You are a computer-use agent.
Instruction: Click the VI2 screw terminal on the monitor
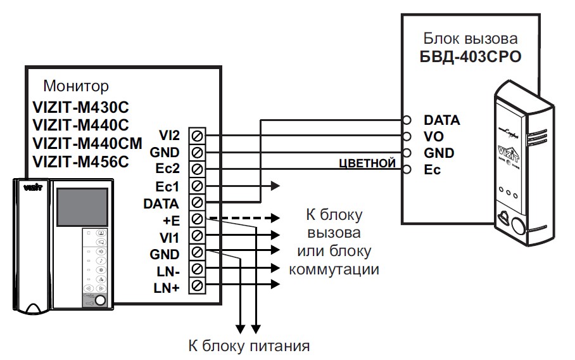pyautogui.click(x=197, y=136)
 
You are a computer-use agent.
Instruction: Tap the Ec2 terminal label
pyautogui.click(x=168, y=170)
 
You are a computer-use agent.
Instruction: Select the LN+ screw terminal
pyautogui.click(x=197, y=288)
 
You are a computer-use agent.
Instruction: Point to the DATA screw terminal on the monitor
pyautogui.click(x=197, y=203)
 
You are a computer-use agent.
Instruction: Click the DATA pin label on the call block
pyautogui.click(x=441, y=120)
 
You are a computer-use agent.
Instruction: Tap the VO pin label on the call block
pyautogui.click(x=433, y=136)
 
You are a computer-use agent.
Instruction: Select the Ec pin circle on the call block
pyautogui.click(x=408, y=170)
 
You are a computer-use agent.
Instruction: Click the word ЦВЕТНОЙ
pyautogui.click(x=367, y=164)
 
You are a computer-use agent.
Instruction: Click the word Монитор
pyautogui.click(x=76, y=86)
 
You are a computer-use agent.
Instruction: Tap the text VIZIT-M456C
pyautogui.click(x=80, y=161)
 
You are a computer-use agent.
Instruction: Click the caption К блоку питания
pyautogui.click(x=249, y=347)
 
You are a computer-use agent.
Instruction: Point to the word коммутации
pyautogui.click(x=334, y=269)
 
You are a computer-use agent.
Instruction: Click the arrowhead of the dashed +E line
pyautogui.click(x=275, y=218)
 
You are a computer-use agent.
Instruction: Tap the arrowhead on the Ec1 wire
pyautogui.click(x=275, y=186)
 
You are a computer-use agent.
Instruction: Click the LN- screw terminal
pyautogui.click(x=197, y=271)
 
